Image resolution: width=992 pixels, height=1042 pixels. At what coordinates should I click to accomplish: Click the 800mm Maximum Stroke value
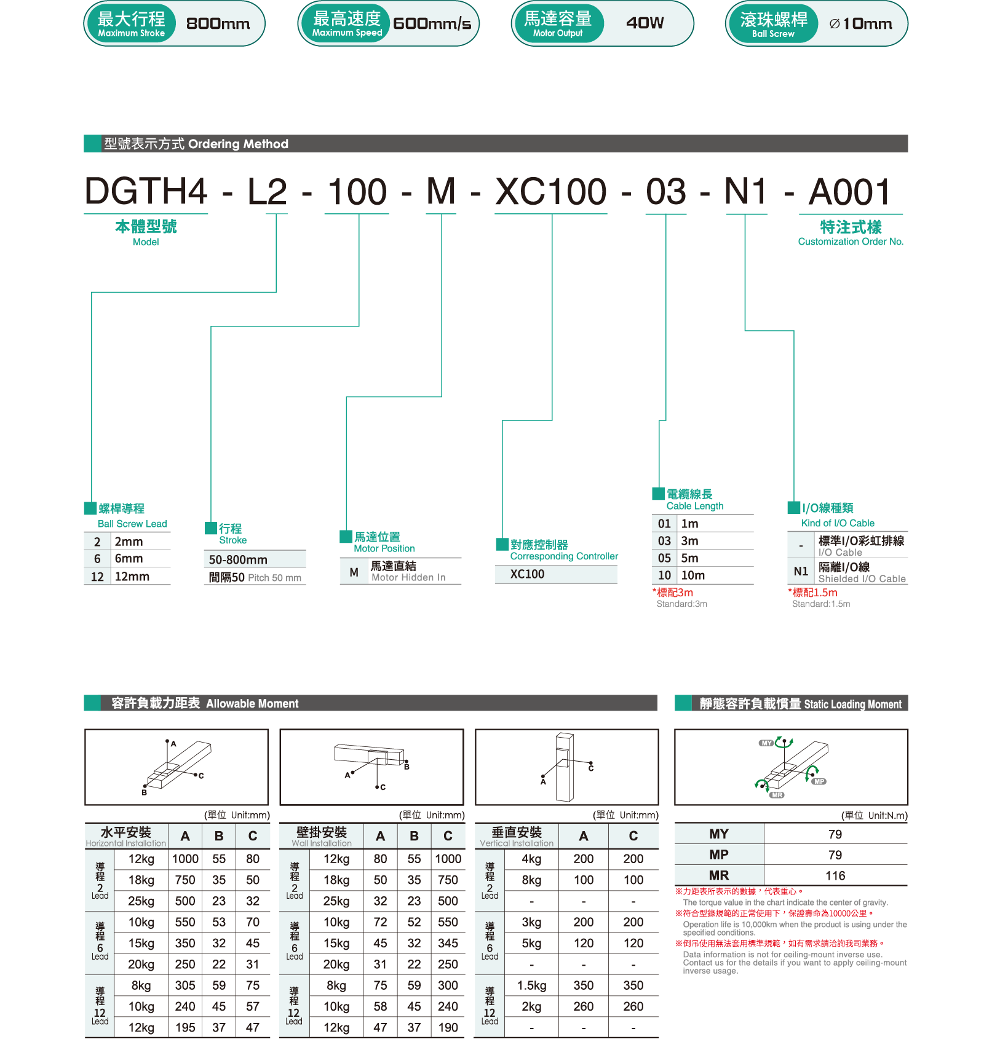(x=218, y=24)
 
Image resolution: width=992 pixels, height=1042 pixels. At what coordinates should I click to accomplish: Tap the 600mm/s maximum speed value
(x=432, y=24)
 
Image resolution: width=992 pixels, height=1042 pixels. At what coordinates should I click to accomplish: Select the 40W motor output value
(x=645, y=23)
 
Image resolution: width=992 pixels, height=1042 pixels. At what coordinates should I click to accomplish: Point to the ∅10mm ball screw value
(x=860, y=24)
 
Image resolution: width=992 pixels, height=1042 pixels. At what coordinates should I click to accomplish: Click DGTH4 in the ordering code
(x=146, y=191)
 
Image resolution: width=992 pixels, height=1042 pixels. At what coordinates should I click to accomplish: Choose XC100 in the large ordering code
(x=551, y=191)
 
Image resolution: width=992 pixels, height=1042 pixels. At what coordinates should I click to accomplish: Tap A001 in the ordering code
(x=850, y=191)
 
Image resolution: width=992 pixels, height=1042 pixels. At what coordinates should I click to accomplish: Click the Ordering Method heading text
(x=238, y=144)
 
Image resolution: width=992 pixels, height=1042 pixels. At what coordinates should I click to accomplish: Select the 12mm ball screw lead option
(x=132, y=577)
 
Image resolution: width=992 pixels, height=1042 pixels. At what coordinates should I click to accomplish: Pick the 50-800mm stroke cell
(x=238, y=559)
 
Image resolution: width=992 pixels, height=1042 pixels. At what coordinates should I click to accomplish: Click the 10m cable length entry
(x=693, y=575)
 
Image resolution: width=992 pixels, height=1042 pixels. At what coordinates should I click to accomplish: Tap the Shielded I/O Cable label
(x=862, y=579)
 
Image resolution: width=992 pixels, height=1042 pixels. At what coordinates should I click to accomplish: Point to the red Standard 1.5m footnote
(x=813, y=593)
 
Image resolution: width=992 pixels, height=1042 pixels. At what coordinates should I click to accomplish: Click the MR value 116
(x=835, y=876)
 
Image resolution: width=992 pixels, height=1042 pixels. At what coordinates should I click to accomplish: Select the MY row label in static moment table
(x=719, y=834)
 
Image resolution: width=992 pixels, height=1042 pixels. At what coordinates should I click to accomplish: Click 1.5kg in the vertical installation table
(x=531, y=985)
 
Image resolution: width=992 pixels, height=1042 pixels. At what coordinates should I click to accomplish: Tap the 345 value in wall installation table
(x=448, y=943)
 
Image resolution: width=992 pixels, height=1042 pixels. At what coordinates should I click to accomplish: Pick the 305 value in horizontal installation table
(x=185, y=985)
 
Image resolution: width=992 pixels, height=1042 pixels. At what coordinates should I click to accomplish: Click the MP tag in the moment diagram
(x=819, y=782)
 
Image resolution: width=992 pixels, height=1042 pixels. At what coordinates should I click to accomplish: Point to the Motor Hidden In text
(x=408, y=578)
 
